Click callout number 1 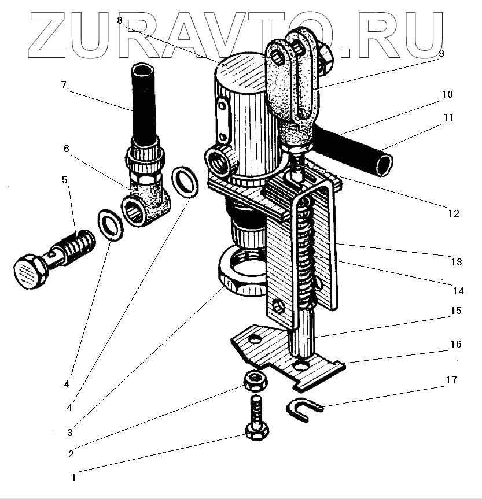pyautogui.click(x=73, y=478)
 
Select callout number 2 pyautogui.click(x=71, y=454)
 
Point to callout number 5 pyautogui.click(x=65, y=180)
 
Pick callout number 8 pyautogui.click(x=120, y=20)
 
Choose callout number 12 pyautogui.click(x=453, y=213)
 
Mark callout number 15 pyautogui.click(x=455, y=311)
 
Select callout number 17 pyautogui.click(x=451, y=380)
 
